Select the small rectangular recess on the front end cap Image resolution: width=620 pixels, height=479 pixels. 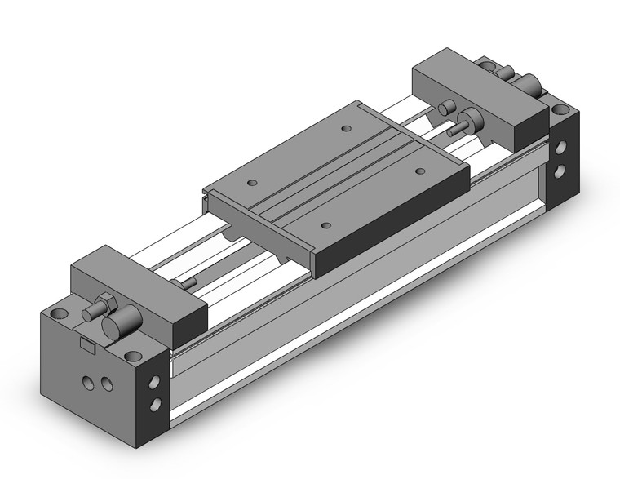pos(87,345)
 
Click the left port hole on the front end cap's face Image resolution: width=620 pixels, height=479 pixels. pos(87,381)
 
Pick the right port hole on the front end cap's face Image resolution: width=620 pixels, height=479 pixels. pos(103,385)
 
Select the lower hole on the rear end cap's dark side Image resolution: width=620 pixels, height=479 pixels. pos(560,171)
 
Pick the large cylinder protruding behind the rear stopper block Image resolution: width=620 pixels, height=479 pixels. pos(531,83)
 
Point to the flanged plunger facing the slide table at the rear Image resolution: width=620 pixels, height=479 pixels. pos(472,122)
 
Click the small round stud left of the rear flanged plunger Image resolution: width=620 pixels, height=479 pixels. pos(447,109)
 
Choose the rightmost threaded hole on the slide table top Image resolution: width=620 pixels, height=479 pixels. pos(421,171)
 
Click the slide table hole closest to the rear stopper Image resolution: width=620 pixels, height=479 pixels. pos(347,129)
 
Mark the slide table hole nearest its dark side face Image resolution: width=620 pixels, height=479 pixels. pos(326,225)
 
